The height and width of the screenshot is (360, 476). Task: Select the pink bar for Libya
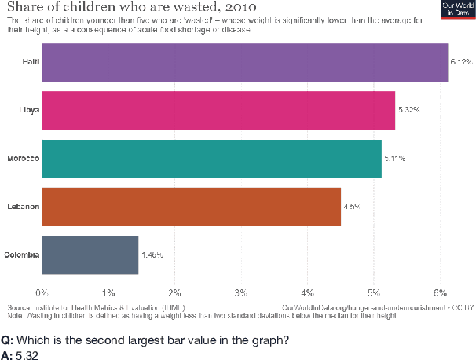(218, 110)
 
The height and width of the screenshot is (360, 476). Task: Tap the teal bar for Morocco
(211, 159)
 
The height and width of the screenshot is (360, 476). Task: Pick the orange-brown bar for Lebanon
(190, 207)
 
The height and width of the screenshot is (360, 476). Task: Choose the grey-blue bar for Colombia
(90, 255)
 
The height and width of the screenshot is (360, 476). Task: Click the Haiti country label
(31, 62)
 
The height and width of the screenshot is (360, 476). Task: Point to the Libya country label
(29, 110)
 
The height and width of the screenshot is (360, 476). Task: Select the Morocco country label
(24, 159)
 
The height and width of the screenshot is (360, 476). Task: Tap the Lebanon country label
(23, 207)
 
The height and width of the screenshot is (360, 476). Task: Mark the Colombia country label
(21, 255)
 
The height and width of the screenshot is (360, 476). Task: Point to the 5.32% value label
(408, 110)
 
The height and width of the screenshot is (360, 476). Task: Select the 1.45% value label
(152, 255)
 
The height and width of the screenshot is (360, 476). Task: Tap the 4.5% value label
(352, 207)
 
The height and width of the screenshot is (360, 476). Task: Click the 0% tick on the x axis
(42, 292)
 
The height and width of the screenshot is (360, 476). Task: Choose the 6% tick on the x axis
(441, 292)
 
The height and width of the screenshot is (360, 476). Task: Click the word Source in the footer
(20, 307)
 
